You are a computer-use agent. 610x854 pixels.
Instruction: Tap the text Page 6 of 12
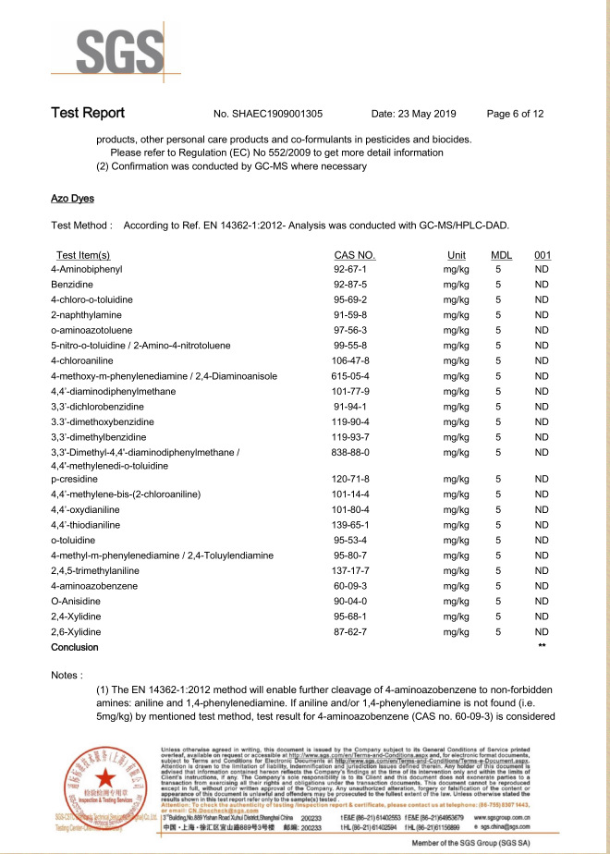coord(515,115)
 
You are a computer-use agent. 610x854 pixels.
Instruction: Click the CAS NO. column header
coord(354,255)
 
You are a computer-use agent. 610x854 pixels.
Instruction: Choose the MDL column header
coord(501,255)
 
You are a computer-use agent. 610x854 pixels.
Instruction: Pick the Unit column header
coord(456,255)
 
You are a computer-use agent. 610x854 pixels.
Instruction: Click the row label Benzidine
coord(73,285)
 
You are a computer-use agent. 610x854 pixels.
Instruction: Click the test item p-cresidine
coord(75,480)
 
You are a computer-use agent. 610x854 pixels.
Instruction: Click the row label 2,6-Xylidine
coord(76,632)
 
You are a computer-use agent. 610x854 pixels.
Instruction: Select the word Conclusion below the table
coord(75,648)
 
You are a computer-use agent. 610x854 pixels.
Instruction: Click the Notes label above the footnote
coord(69,677)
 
